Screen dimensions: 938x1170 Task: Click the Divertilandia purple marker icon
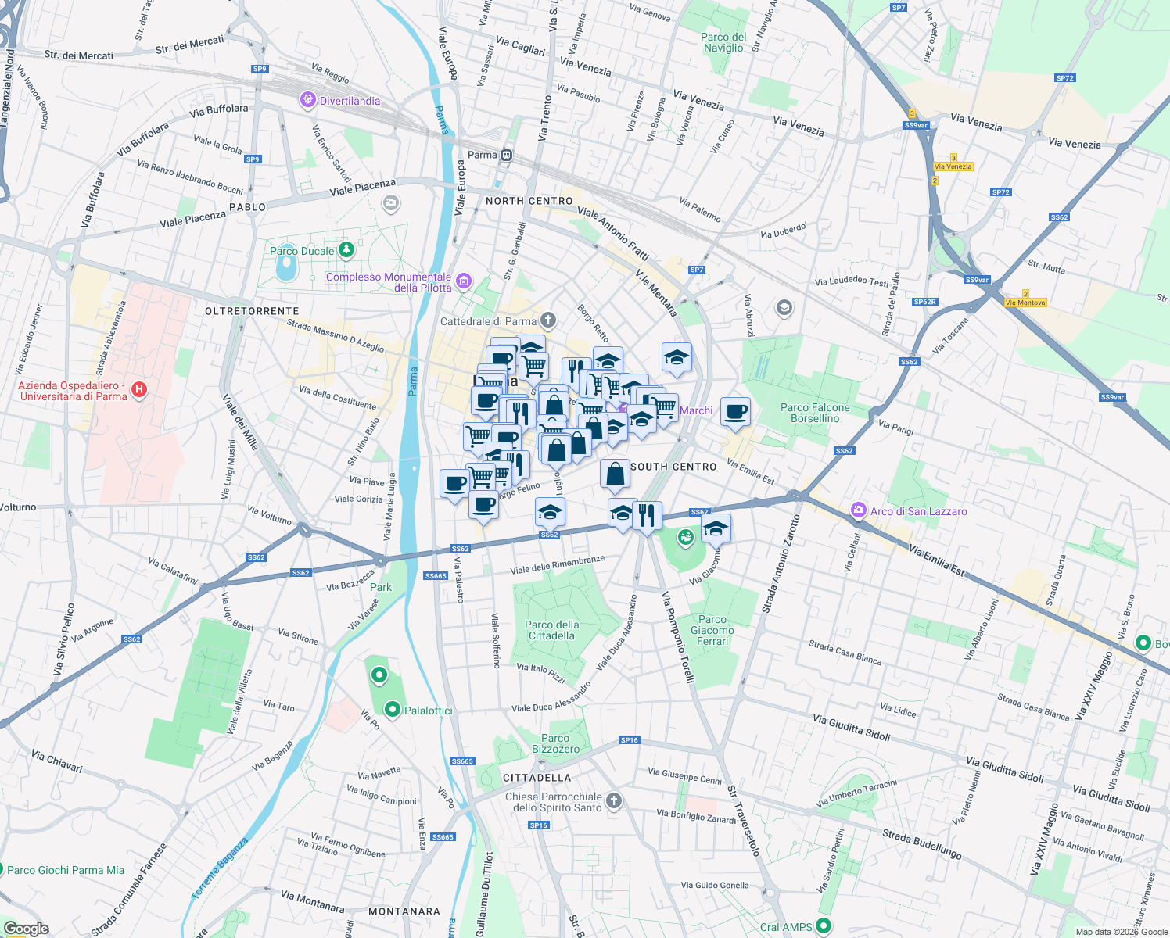click(308, 100)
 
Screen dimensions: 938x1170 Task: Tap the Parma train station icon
click(507, 155)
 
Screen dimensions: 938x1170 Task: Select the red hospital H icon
click(139, 390)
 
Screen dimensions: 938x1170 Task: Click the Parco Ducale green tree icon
click(346, 250)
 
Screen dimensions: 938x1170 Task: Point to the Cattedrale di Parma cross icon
click(548, 320)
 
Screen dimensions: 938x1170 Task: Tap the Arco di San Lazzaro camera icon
click(859, 510)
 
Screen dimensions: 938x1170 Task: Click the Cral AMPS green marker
click(823, 926)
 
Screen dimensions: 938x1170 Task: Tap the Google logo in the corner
click(27, 928)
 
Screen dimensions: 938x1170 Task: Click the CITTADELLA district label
click(537, 778)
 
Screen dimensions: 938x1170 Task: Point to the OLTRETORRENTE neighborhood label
click(252, 311)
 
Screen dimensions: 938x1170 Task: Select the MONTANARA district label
click(404, 911)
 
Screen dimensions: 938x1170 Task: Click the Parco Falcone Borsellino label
click(815, 413)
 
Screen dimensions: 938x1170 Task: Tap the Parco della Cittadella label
click(552, 630)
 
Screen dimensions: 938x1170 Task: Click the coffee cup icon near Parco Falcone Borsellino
click(734, 411)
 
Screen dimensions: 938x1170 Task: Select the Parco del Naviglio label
click(723, 42)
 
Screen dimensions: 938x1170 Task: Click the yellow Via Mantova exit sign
click(1025, 303)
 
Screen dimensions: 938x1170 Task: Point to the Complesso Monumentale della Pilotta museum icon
click(464, 281)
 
